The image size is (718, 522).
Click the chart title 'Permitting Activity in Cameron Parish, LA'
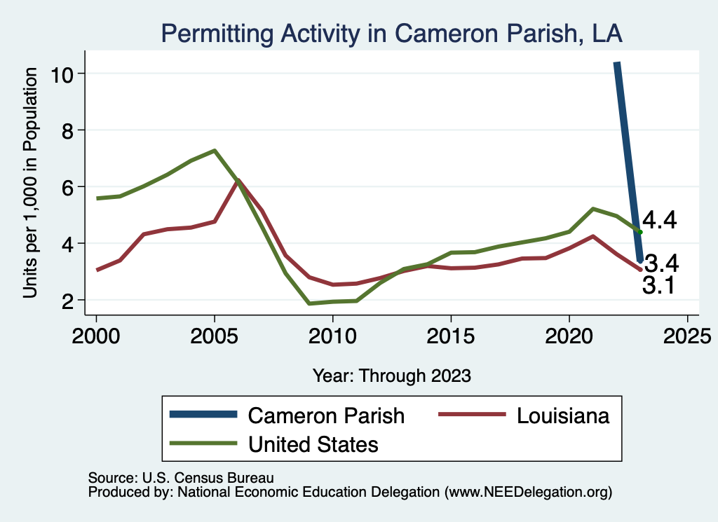click(392, 32)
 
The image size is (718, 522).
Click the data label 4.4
click(660, 221)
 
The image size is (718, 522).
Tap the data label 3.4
click(661, 264)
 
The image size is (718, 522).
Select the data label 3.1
click(658, 285)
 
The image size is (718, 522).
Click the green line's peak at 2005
click(215, 151)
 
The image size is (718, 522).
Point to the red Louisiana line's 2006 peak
click(238, 181)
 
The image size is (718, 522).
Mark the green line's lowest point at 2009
click(309, 303)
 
